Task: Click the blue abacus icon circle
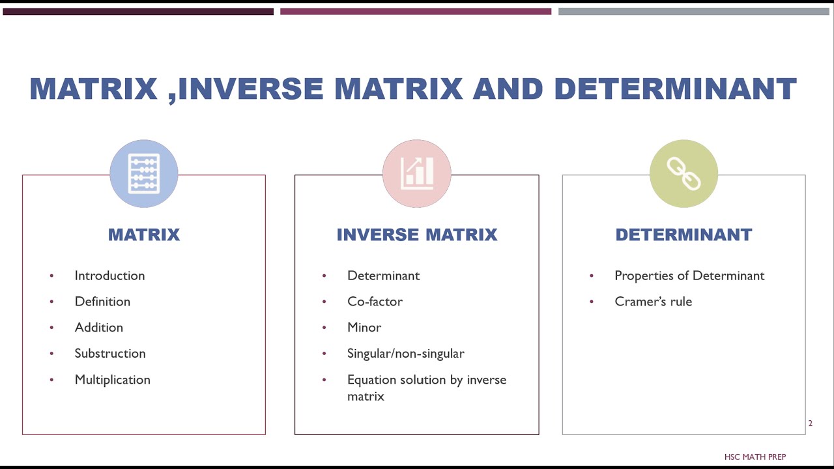click(144, 173)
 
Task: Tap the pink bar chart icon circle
click(417, 173)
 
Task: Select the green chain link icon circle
click(683, 173)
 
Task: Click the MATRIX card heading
click(144, 235)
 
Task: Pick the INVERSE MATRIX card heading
click(417, 235)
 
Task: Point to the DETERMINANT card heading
click(683, 235)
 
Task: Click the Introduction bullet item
click(109, 276)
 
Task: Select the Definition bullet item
click(102, 302)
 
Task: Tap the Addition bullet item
click(98, 328)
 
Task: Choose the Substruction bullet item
click(110, 354)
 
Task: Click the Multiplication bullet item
click(112, 380)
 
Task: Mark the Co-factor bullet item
click(375, 302)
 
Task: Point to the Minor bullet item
click(364, 328)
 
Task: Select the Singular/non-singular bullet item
click(405, 354)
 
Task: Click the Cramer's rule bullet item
click(653, 302)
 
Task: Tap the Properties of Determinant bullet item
click(689, 276)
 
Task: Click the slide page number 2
click(811, 423)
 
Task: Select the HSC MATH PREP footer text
click(755, 457)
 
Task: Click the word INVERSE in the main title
click(250, 89)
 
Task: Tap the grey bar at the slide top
click(693, 11)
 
